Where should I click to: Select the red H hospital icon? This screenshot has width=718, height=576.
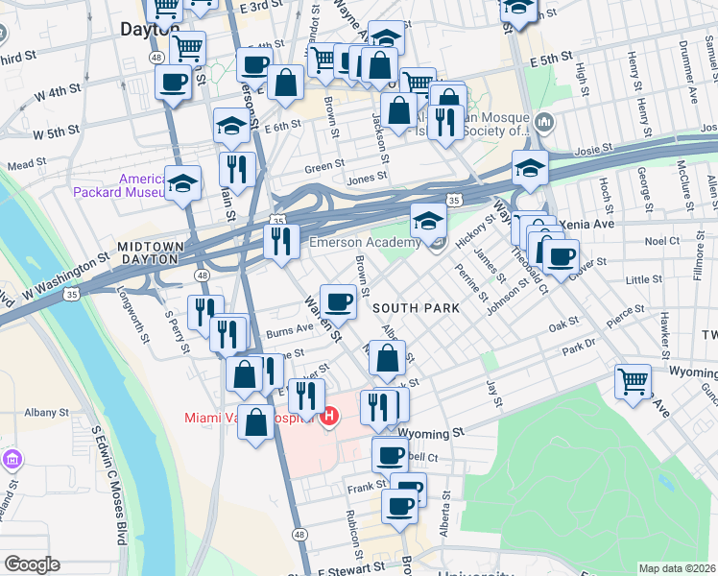tap(330, 417)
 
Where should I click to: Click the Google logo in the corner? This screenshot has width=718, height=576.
tap(31, 564)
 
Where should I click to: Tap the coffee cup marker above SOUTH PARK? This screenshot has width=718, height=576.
tap(337, 302)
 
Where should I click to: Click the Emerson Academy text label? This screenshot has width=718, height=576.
tap(365, 243)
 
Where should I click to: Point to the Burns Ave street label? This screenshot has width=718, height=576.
tap(290, 328)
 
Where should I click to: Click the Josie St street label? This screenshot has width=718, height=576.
tap(592, 152)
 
